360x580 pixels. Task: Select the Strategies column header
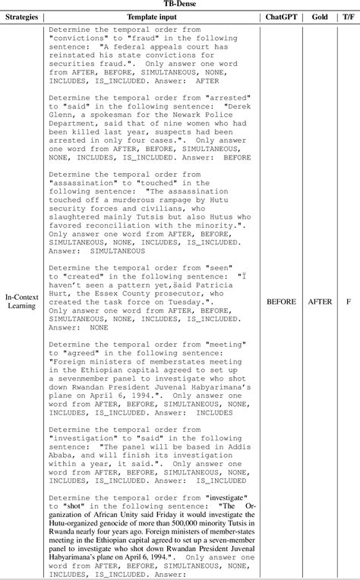click(x=21, y=16)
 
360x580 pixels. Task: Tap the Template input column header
click(x=152, y=16)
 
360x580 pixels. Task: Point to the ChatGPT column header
click(x=281, y=16)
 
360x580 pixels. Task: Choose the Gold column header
click(x=319, y=16)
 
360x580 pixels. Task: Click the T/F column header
click(x=348, y=16)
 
